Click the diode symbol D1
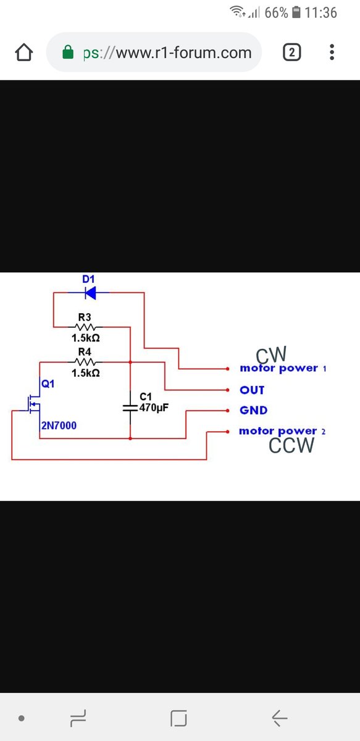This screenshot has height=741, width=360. (90, 293)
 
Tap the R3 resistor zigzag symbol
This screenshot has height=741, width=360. (85, 327)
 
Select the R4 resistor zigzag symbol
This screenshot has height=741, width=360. (85, 362)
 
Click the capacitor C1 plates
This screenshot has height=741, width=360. (130, 408)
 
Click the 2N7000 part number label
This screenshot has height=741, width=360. (59, 425)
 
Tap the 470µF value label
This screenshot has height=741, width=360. (154, 408)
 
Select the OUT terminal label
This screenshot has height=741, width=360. (252, 390)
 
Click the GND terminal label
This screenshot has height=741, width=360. (253, 410)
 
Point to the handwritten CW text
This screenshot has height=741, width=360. (271, 354)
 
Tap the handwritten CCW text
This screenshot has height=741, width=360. (291, 445)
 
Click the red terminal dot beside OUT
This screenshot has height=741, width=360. (228, 390)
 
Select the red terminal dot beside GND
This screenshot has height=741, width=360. (228, 411)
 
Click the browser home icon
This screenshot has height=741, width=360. (24, 52)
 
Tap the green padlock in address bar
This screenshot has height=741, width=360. (68, 52)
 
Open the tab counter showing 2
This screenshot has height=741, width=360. (292, 52)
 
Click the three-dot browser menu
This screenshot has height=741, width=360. (332, 52)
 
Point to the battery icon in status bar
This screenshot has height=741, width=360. (296, 12)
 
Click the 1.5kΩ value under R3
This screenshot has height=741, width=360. (86, 338)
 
